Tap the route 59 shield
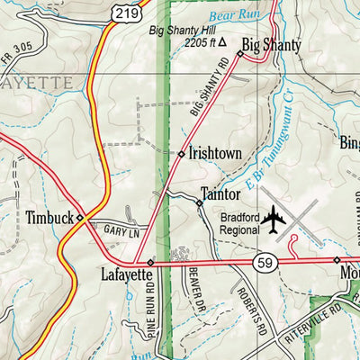[x=264, y=263]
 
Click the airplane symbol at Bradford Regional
[x=274, y=221]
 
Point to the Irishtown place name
[x=215, y=154]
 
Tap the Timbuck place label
[x=48, y=217]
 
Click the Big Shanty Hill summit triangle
[x=222, y=41]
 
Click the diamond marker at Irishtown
[x=181, y=154]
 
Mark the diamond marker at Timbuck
[x=79, y=218]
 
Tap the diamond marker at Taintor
[x=200, y=203]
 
